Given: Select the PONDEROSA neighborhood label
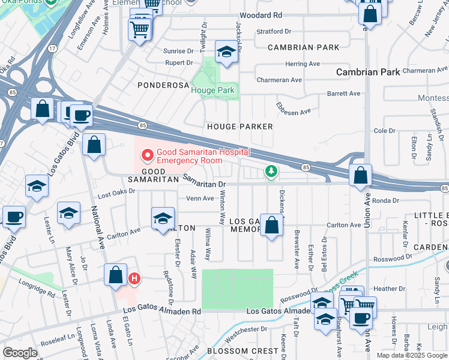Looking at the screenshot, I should pos(163,85).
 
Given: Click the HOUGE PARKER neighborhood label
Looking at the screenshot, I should pos(240,127).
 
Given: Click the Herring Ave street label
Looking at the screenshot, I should pos(303,64).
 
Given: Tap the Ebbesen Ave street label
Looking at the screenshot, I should pos(293,107).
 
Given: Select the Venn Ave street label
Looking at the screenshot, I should pos(200,198).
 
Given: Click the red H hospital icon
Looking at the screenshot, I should pos(135,278).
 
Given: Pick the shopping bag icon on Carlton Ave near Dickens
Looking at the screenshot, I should pos(272,226).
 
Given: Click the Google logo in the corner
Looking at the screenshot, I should pos(19,353).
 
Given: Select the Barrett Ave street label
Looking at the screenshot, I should pos(343,94).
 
